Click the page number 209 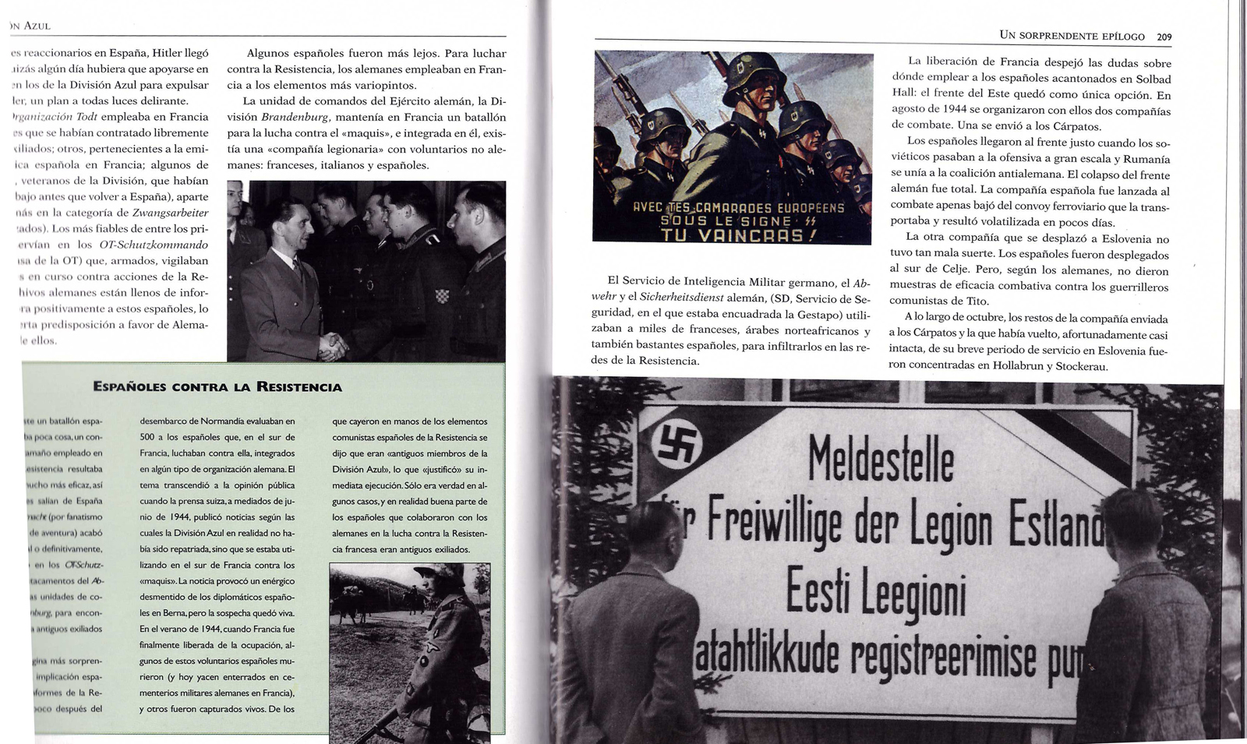[1164, 37]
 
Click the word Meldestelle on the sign [881, 459]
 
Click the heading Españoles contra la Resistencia [217, 386]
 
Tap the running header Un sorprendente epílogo [1072, 36]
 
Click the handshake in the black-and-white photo [334, 344]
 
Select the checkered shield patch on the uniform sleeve [441, 297]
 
